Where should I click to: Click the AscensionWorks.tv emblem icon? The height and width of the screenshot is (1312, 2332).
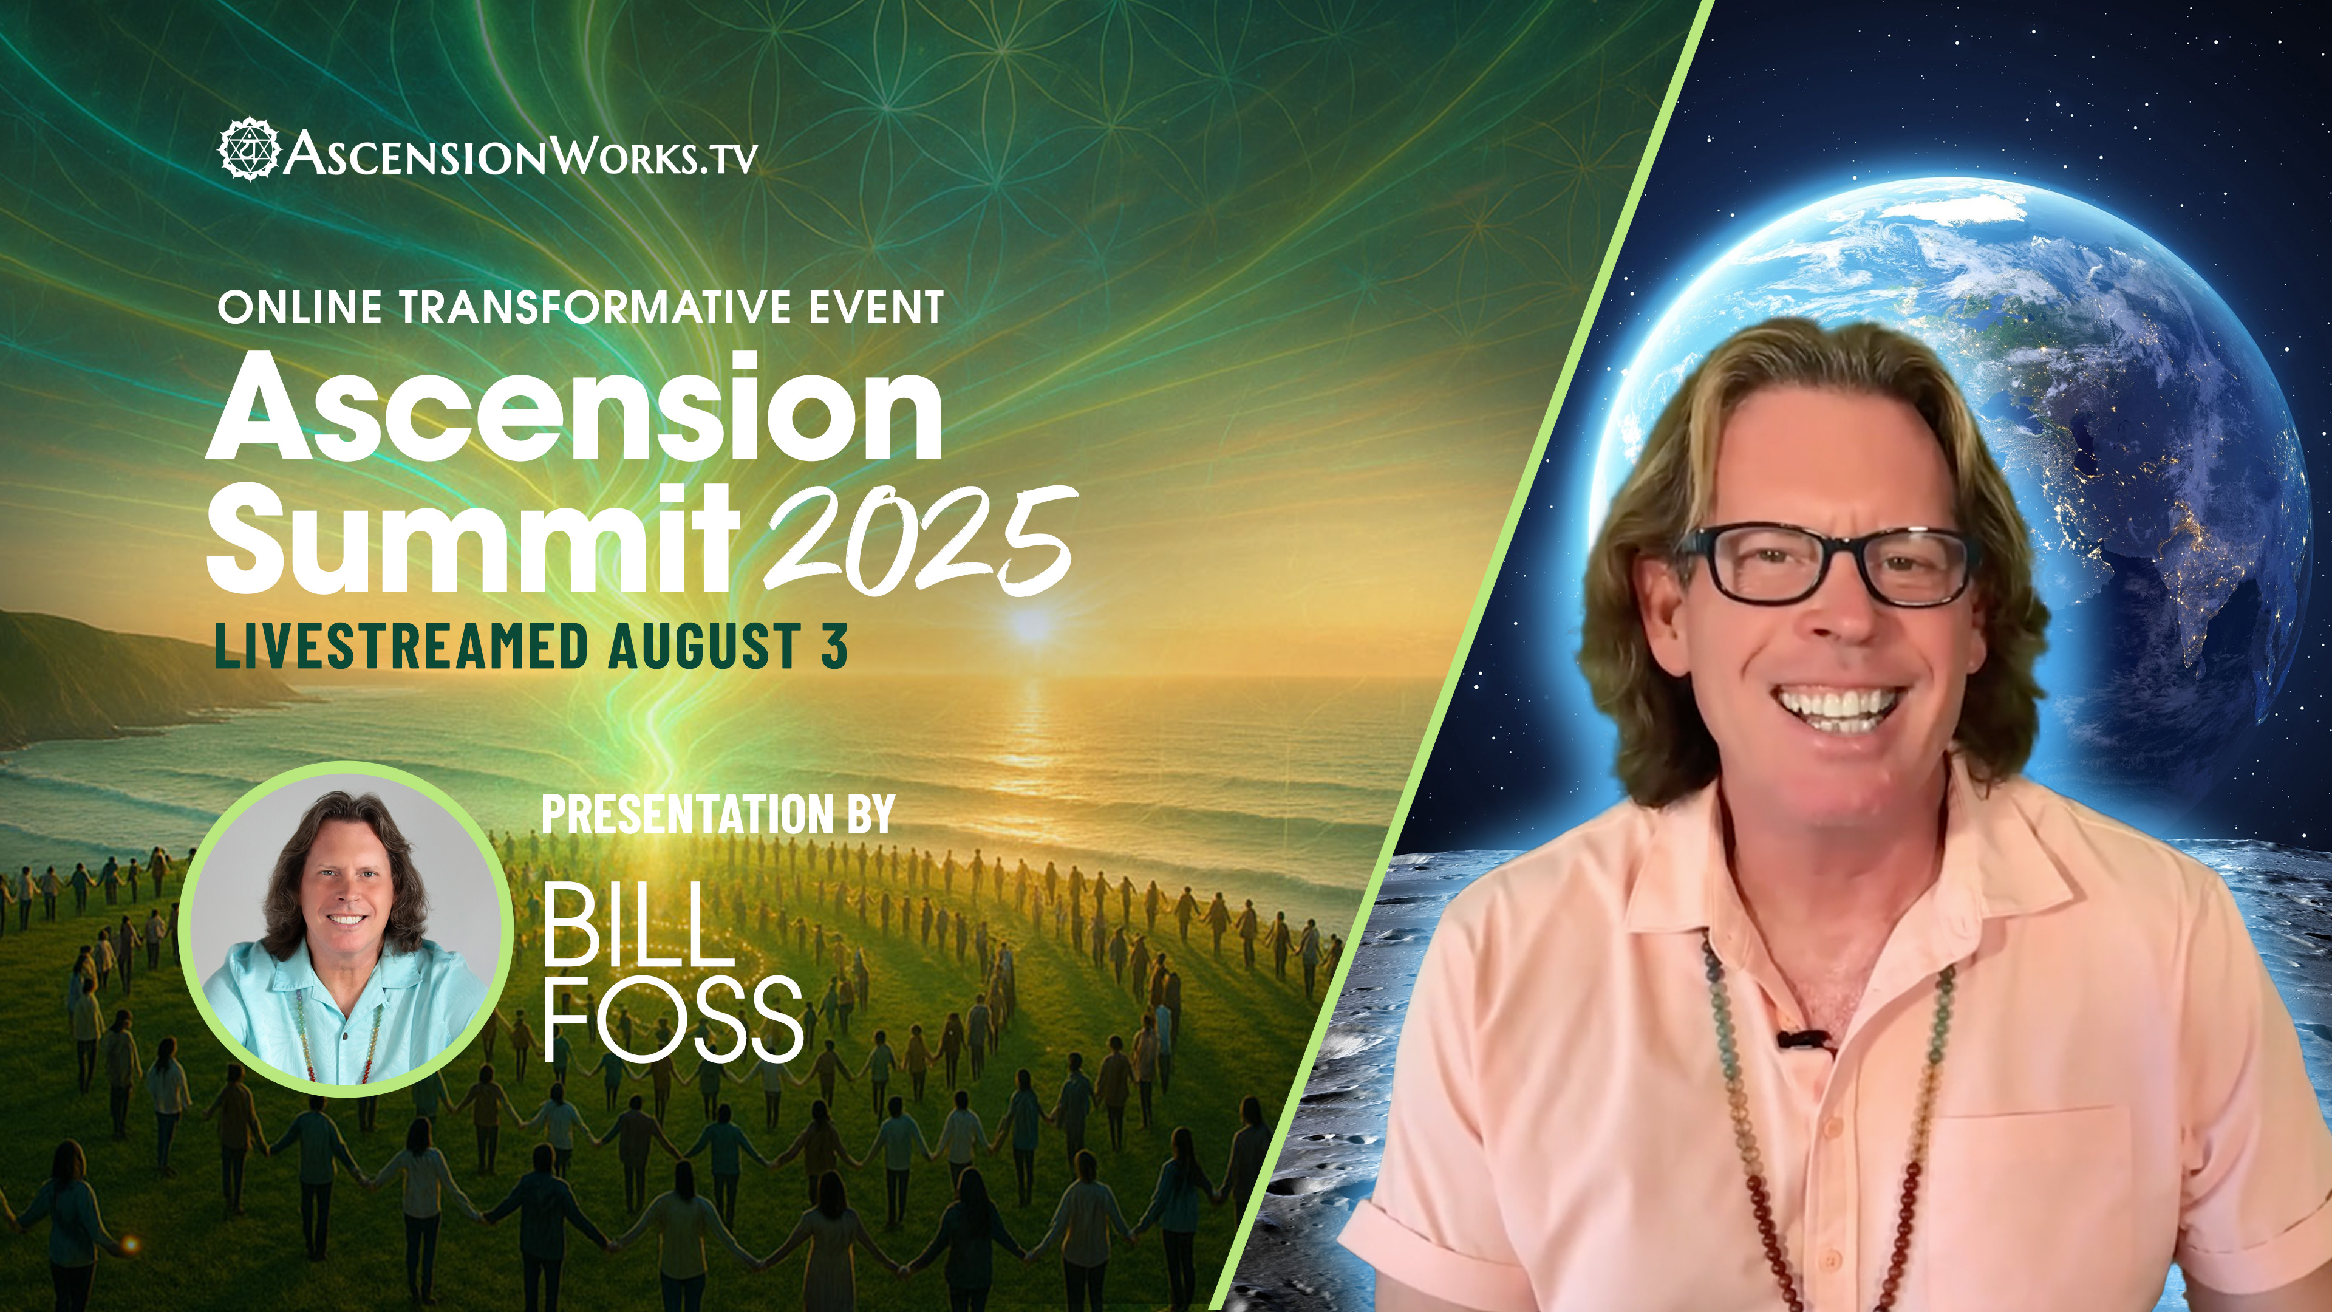point(249,148)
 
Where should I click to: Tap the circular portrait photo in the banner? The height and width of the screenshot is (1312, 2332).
point(346,929)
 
